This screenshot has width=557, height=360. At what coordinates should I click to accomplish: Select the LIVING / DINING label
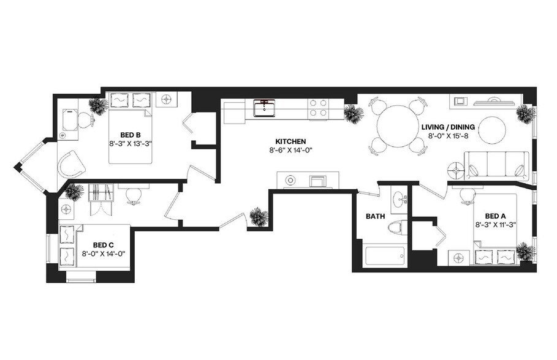(x=448, y=127)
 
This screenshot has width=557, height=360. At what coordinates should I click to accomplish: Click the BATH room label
(x=375, y=216)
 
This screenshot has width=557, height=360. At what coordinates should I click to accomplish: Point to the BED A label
(x=495, y=216)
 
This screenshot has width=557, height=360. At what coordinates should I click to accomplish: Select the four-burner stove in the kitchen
(x=317, y=108)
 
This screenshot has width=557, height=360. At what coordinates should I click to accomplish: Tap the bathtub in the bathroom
(x=385, y=255)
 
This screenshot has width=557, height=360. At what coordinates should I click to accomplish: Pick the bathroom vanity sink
(x=400, y=199)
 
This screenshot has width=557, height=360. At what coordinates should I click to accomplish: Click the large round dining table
(x=398, y=127)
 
